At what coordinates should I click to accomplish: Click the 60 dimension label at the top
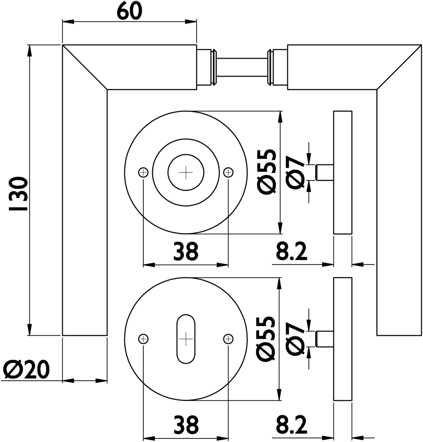pyautogui.click(x=129, y=11)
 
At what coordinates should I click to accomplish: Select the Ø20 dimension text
pyautogui.click(x=26, y=369)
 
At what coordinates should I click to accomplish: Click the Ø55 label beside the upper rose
pyautogui.click(x=267, y=172)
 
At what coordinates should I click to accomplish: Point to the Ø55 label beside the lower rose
pyautogui.click(x=267, y=339)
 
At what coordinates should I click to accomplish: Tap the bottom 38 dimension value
pyautogui.click(x=185, y=424)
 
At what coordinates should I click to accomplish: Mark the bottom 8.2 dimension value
pyautogui.click(x=291, y=424)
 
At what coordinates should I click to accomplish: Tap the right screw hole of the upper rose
pyautogui.click(x=228, y=172)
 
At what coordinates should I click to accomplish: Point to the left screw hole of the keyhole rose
pyautogui.click(x=143, y=339)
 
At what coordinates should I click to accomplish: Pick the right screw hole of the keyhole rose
pyautogui.click(x=228, y=339)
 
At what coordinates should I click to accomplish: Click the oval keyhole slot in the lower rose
pyautogui.click(x=186, y=339)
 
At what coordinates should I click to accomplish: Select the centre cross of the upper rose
pyautogui.click(x=186, y=172)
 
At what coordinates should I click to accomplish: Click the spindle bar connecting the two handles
pyautogui.click(x=242, y=66)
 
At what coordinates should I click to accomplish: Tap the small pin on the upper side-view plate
pyautogui.click(x=324, y=172)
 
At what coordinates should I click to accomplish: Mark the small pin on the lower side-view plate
pyautogui.click(x=324, y=339)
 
